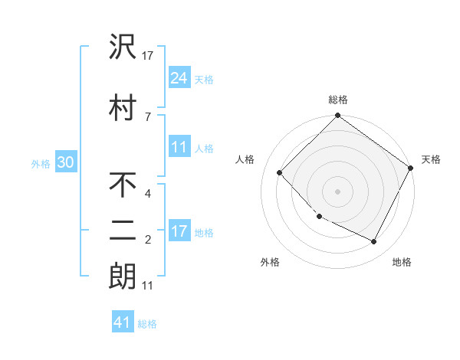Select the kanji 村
[123, 107]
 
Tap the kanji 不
[123, 185]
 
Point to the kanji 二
[123, 231]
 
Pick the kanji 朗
[123, 276]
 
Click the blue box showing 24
[179, 77]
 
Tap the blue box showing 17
[179, 231]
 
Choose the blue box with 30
[65, 162]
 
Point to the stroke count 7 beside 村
[147, 116]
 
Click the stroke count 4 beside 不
[147, 194]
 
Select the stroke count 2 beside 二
[147, 241]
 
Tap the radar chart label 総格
[338, 100]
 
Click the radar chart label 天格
[431, 159]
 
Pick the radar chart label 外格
[270, 262]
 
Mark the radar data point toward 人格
[280, 172]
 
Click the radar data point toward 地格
[374, 242]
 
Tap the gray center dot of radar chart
[337, 191]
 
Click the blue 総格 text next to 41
[147, 323]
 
